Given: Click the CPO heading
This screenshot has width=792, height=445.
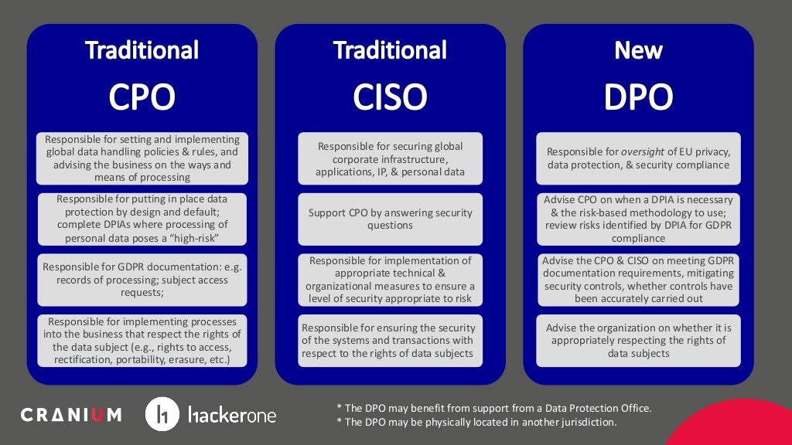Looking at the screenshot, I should coord(142,97).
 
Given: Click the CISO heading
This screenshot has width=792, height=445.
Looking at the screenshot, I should coord(390,97).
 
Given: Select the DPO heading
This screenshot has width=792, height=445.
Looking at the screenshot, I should coord(638,97).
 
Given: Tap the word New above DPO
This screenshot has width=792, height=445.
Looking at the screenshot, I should coord(638,51).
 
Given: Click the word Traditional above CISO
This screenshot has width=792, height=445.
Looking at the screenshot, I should coord(390,51).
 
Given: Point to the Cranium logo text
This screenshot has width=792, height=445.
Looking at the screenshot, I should coord(71,415).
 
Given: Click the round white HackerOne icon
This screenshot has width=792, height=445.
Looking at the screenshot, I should coord(162,415).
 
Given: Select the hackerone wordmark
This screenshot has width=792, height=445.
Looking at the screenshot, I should coord(232,415).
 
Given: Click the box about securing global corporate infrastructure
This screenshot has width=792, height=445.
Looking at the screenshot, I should coord(390,158).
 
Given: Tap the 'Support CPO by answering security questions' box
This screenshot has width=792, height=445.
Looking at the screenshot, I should coord(390,219).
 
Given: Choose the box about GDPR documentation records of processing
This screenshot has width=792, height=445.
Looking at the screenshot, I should coord(142,280).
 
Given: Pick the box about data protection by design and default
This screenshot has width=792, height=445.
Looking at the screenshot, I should coord(142,219).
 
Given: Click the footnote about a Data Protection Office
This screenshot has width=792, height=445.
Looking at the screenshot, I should coord(495,408).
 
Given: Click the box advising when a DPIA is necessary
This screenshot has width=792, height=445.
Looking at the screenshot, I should coord(638,219).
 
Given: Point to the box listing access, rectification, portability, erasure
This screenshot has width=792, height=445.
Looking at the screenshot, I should coord(142,340).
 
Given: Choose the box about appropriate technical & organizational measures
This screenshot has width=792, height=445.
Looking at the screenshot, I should coord(390,280).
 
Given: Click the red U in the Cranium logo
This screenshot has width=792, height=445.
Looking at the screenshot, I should coord(96,415).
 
